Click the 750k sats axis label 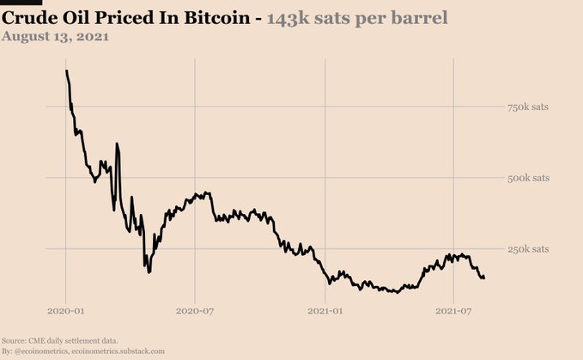528,107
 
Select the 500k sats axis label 528,178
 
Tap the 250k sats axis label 528,249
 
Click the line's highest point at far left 66,71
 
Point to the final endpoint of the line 484,278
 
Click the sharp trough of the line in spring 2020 149,272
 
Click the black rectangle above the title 15,3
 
